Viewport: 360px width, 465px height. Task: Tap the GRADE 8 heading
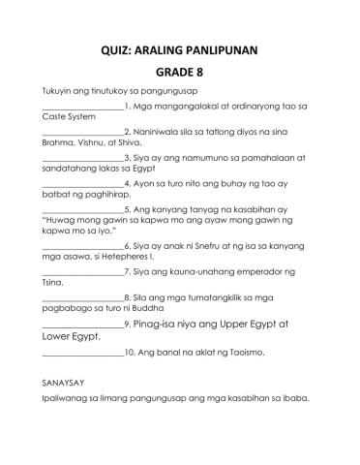click(x=180, y=71)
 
